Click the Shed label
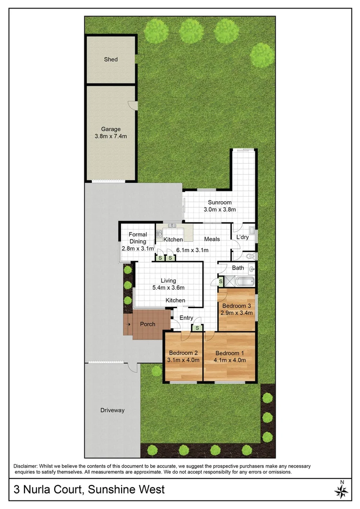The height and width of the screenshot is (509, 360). click(x=111, y=59)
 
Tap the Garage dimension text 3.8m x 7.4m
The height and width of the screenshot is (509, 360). click(x=111, y=136)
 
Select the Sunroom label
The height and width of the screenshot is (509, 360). click(x=220, y=203)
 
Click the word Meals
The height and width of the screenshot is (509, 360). click(x=212, y=239)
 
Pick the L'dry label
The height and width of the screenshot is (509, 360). click(x=242, y=237)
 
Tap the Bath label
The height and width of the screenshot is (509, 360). click(x=238, y=268)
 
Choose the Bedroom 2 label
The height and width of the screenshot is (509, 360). click(x=183, y=353)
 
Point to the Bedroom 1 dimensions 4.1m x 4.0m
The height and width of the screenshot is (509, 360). click(x=230, y=361)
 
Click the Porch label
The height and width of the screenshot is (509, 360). click(x=147, y=324)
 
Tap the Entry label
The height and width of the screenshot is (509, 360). click(x=186, y=318)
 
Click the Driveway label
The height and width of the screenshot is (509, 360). click(x=113, y=410)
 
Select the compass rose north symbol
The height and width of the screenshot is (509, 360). click(x=342, y=491)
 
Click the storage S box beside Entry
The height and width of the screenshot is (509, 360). click(x=197, y=328)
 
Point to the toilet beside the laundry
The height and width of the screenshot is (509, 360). click(x=250, y=257)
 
